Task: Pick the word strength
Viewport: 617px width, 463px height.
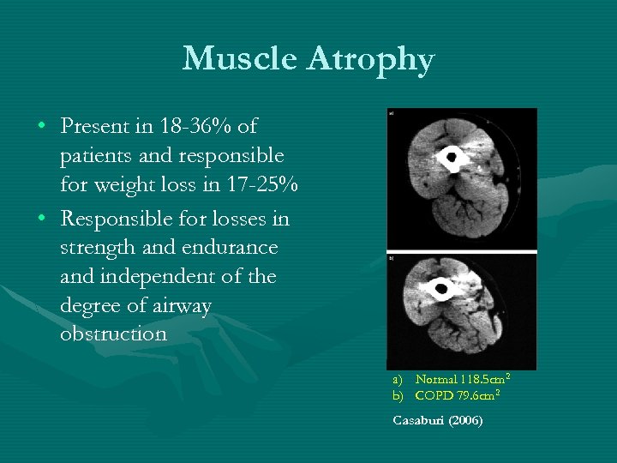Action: [100, 247]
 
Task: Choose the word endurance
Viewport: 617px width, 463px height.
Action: [235, 247]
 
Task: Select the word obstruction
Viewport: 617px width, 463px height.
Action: [113, 334]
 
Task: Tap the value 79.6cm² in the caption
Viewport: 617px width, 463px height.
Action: [476, 395]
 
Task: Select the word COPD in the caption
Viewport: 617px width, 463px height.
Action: [432, 395]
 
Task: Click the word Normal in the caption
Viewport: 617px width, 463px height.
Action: [436, 379]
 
